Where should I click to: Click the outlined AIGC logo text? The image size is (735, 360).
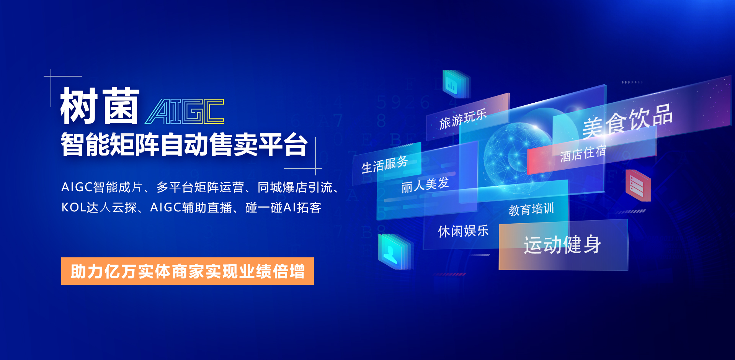point(185,111)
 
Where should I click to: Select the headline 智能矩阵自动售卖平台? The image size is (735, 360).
point(184,144)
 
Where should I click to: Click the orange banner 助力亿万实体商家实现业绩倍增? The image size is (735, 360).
point(188,271)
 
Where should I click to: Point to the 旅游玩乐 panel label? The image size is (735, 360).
point(463,119)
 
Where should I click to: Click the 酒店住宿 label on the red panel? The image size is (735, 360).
point(583,154)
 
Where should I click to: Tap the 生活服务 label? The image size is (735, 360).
point(385,164)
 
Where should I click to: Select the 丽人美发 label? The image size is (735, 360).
point(425,185)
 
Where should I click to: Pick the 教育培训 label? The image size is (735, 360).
point(531,209)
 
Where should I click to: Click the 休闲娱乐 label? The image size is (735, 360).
point(463,231)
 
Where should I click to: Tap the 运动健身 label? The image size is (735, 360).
point(562,244)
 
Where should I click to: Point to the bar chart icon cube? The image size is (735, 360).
point(456,83)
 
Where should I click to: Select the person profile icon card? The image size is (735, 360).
point(394,252)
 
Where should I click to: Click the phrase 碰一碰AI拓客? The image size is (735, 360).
point(283,208)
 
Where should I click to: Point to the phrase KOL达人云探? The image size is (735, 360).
point(99,208)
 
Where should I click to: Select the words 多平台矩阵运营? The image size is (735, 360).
point(200,187)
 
